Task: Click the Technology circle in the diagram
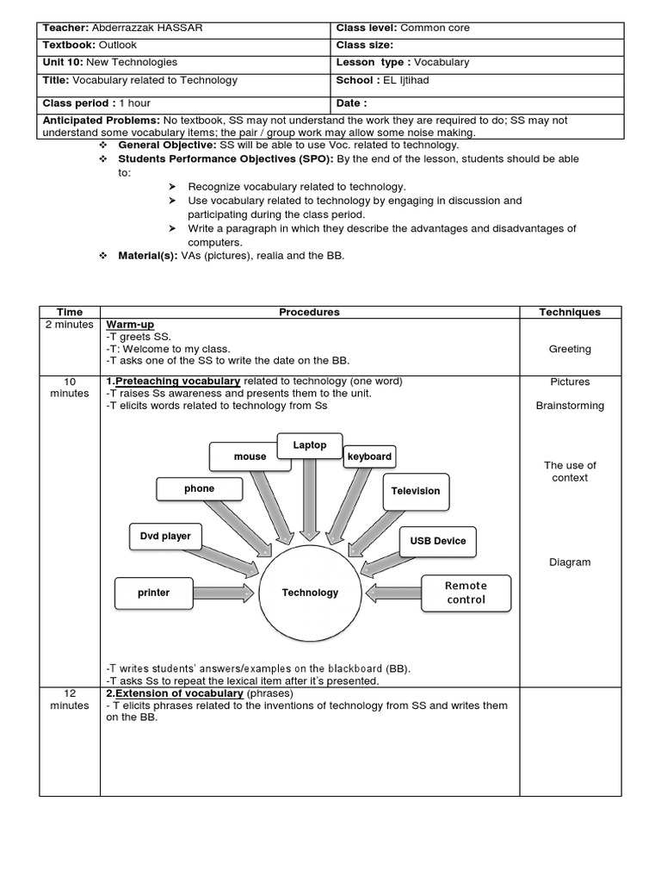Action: pyautogui.click(x=310, y=593)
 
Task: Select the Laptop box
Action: pyautogui.click(x=310, y=446)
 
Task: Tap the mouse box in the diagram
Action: pyautogui.click(x=250, y=457)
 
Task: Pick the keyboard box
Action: pyautogui.click(x=369, y=457)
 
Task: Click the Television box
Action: pyautogui.click(x=415, y=491)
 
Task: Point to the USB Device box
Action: pyautogui.click(x=437, y=541)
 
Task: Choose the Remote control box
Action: pyautogui.click(x=466, y=593)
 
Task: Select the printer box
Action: pyautogui.click(x=154, y=593)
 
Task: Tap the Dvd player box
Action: pyautogui.click(x=165, y=536)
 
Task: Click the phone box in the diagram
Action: pyautogui.click(x=199, y=489)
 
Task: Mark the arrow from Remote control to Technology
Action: pyautogui.click(x=392, y=593)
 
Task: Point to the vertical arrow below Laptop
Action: pyautogui.click(x=310, y=500)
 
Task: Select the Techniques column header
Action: pyautogui.click(x=569, y=312)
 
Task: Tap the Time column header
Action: pyautogui.click(x=70, y=312)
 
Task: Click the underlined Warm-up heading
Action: pyautogui.click(x=130, y=325)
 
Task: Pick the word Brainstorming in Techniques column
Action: pyautogui.click(x=570, y=406)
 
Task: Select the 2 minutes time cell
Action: pyautogui.click(x=70, y=325)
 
